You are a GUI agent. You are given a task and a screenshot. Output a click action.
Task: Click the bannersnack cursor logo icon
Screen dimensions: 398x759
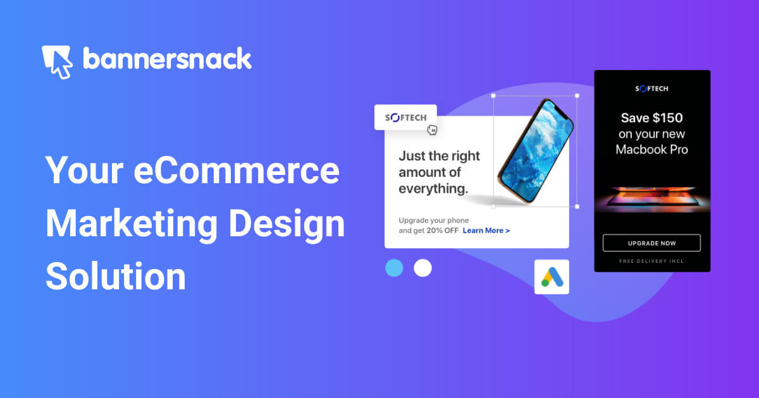click(57, 61)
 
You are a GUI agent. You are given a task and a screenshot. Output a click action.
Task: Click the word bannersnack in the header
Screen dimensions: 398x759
click(167, 59)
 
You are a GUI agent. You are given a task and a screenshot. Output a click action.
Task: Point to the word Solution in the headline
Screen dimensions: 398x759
click(116, 276)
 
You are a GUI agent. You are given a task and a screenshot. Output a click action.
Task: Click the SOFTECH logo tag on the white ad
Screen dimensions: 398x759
click(405, 118)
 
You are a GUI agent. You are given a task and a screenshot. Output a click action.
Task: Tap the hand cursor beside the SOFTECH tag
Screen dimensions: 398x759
click(433, 130)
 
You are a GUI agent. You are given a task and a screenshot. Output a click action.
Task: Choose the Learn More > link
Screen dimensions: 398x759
click(486, 231)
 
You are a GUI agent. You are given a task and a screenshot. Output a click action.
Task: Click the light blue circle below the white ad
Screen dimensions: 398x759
click(394, 268)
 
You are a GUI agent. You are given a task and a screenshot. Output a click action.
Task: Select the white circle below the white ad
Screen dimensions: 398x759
click(423, 268)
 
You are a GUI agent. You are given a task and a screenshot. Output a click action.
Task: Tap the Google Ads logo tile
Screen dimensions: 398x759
click(552, 277)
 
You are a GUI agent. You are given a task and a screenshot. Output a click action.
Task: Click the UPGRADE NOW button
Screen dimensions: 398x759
click(651, 243)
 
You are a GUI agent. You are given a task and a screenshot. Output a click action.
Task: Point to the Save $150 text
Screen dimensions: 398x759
click(651, 118)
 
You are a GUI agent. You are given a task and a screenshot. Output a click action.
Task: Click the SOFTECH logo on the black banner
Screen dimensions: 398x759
click(651, 89)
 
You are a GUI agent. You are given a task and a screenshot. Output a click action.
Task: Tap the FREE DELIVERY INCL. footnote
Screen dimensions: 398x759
click(651, 261)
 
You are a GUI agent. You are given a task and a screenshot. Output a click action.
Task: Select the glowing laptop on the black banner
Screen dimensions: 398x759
click(651, 197)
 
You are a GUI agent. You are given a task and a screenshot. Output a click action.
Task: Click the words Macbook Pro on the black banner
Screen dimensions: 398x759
click(651, 150)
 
